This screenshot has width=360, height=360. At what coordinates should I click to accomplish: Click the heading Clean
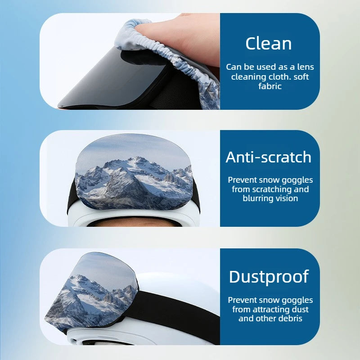[268, 43]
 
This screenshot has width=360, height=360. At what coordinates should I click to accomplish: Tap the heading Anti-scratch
[268, 157]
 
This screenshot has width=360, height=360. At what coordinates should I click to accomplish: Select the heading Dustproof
[269, 277]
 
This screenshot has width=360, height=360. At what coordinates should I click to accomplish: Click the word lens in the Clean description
[306, 67]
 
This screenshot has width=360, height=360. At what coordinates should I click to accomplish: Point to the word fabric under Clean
[270, 86]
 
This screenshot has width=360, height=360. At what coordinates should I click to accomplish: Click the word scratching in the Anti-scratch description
[272, 189]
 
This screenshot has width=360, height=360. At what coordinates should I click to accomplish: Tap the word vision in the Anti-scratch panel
[287, 198]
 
